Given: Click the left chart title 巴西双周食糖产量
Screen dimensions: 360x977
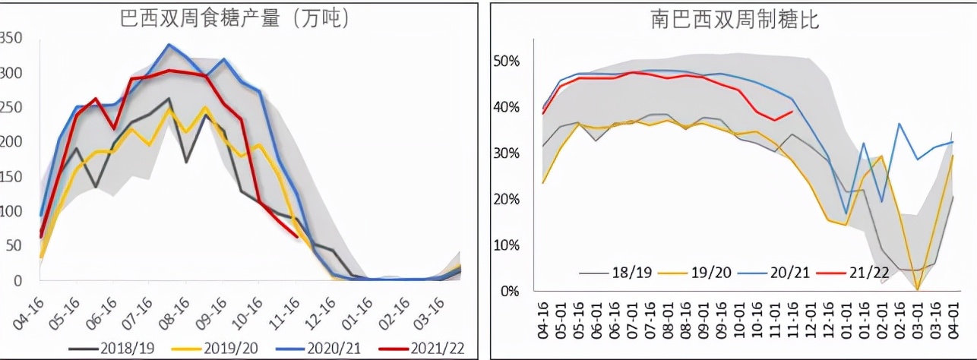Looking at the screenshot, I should point(235,19).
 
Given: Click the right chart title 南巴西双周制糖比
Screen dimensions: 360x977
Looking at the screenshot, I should point(735,19).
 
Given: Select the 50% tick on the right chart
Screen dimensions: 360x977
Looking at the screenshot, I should point(506,61).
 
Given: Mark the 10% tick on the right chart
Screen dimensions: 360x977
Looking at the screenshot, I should point(506,245).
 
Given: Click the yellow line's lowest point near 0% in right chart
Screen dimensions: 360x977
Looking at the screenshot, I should point(917,289).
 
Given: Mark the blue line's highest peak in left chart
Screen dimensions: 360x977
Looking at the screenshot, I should point(169,45).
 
